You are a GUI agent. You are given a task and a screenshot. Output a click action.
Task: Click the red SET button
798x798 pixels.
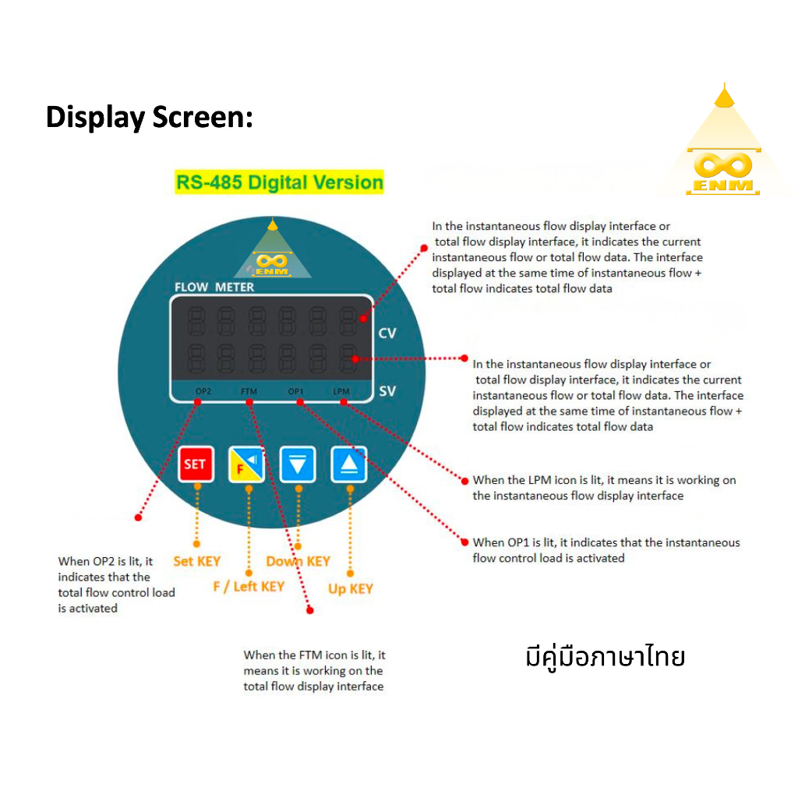coord(195,464)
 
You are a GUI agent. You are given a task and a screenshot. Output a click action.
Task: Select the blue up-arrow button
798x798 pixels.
coord(348,464)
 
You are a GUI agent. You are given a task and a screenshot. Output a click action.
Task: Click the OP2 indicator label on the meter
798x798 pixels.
coord(203,391)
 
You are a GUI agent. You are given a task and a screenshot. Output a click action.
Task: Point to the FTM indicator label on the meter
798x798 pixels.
coord(249,391)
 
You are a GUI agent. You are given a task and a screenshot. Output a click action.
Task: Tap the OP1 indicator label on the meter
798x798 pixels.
coord(296,391)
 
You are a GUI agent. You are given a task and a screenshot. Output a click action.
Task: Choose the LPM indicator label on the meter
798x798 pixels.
coord(341,391)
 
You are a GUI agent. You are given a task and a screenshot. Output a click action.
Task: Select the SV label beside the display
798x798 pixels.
coord(387,391)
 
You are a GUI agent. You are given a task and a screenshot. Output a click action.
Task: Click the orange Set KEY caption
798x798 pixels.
coord(196,561)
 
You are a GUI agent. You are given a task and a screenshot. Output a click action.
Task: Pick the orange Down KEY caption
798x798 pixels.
coord(298,561)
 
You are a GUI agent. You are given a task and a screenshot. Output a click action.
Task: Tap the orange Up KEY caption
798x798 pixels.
coord(350,589)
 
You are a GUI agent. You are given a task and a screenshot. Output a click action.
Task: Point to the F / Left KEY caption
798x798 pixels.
coord(249,586)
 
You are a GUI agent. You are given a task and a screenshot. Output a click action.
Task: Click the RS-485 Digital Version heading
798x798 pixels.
coord(279,183)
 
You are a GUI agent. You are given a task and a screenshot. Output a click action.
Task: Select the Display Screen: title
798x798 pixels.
coord(150,118)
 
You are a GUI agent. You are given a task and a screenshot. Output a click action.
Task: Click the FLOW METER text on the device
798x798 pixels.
coord(214,287)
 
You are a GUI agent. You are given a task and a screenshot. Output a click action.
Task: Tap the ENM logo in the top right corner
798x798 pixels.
coord(724,168)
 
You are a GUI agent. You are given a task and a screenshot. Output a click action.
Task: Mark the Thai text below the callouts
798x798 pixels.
coord(605,657)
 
